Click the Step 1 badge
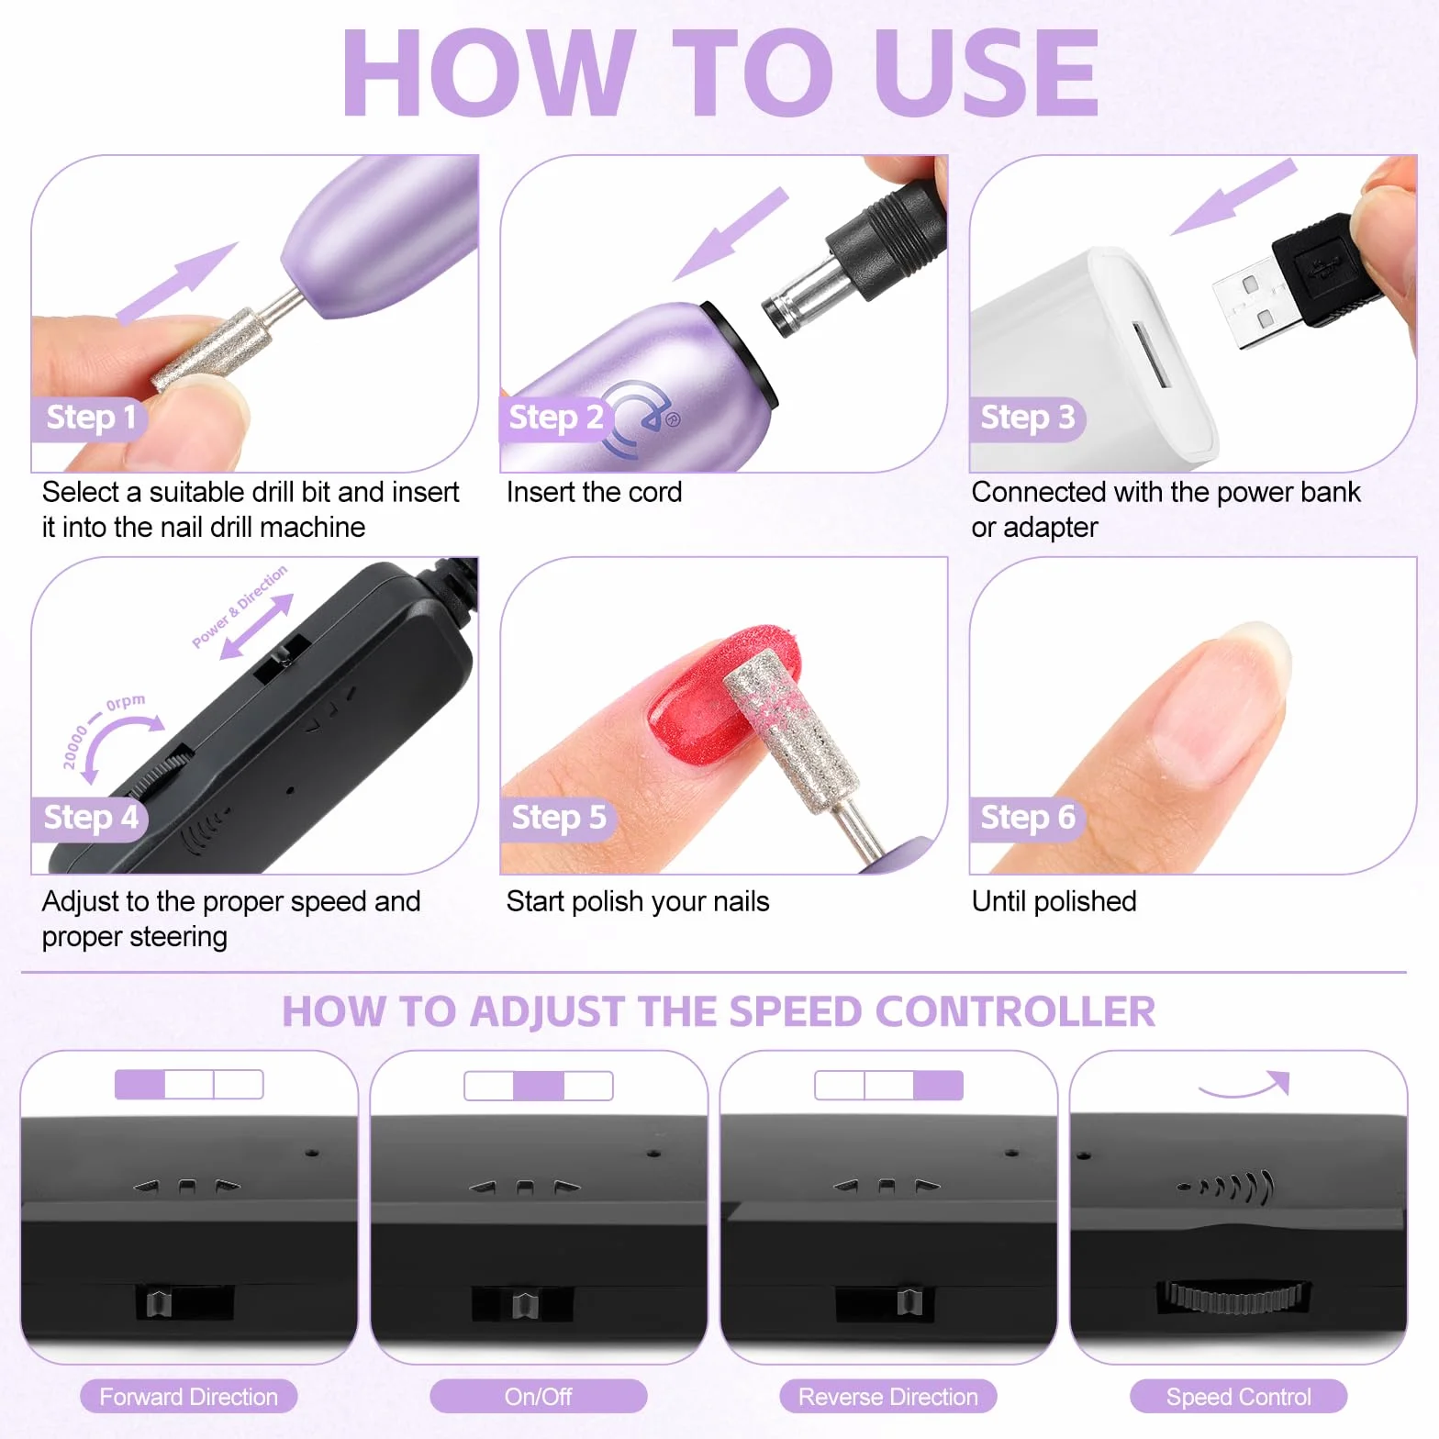pos(89,418)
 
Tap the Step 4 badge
pos(89,818)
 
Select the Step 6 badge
pos(1027,818)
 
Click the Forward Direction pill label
pos(189,1397)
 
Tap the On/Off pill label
pos(539,1397)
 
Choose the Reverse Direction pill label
pos(888,1397)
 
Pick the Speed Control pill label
pos(1239,1397)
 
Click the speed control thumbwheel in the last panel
pos(1234,1296)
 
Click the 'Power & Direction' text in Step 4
pos(240,607)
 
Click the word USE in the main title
pos(986,73)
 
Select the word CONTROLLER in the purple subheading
pos(1016,1012)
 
